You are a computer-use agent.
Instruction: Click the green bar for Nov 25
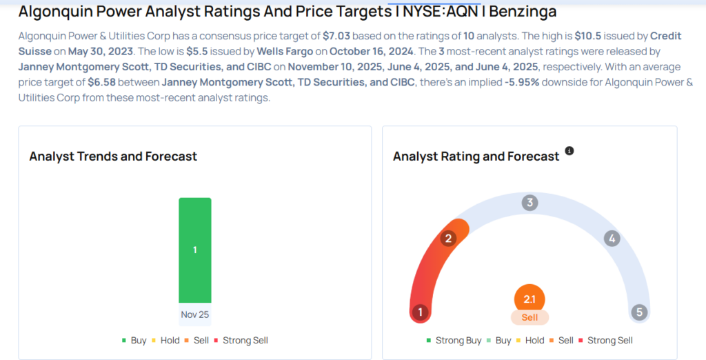[x=195, y=250]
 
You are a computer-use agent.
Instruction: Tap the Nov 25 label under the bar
[x=195, y=314]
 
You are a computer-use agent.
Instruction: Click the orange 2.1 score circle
[x=529, y=299]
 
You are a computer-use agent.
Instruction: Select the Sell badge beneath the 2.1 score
[x=529, y=317]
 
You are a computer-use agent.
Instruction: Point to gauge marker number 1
[x=420, y=312]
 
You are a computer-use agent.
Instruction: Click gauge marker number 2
[x=448, y=239]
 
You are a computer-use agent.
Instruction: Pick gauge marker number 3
[x=530, y=203]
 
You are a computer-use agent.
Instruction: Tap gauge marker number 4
[x=612, y=239]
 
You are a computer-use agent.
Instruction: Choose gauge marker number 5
[x=639, y=312]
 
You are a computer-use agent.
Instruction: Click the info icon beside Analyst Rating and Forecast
[x=569, y=150]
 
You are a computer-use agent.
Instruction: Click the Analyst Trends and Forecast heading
[x=113, y=157]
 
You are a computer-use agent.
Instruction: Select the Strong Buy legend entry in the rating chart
[x=454, y=341]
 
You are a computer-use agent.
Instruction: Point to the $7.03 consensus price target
[x=336, y=36]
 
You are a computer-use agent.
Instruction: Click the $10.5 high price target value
[x=587, y=36]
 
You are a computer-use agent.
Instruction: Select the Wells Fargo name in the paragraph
[x=285, y=51]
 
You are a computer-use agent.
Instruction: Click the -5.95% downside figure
[x=522, y=82]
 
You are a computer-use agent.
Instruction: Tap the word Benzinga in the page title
[x=523, y=11]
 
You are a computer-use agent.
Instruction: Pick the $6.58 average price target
[x=102, y=82]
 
